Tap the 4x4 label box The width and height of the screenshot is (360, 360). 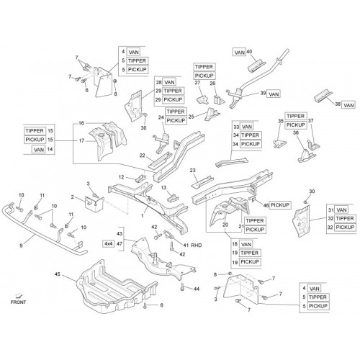[108, 244]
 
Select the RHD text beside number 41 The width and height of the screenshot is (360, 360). [196, 246]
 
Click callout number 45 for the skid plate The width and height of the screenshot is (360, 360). [58, 274]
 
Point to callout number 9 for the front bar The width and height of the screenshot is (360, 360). [21, 246]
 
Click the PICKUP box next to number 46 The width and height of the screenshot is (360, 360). [280, 205]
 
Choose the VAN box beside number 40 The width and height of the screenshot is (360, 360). [240, 53]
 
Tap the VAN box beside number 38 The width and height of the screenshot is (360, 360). [348, 105]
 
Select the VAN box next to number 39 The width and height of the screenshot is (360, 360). [274, 94]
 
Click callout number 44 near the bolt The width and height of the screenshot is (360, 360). [197, 289]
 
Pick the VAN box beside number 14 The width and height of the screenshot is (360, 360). [39, 150]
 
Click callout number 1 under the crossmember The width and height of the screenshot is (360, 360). [142, 216]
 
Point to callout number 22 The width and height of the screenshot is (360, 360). [143, 156]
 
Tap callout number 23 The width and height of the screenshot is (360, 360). [193, 171]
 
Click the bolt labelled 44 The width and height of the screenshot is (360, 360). [182, 286]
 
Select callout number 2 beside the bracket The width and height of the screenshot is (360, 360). [72, 197]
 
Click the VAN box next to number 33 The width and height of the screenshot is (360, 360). [247, 127]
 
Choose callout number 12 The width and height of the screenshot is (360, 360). [122, 177]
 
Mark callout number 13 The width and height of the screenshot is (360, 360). [163, 188]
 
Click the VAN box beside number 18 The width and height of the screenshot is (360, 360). [246, 244]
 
